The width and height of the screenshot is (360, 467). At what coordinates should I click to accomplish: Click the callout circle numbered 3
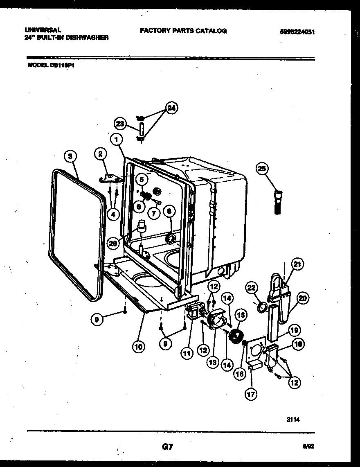coord(70,156)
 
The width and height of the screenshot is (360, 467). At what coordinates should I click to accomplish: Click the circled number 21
coord(297,264)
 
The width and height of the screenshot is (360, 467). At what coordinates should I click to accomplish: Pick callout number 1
coord(117,140)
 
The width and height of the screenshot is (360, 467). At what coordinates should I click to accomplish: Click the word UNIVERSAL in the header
coord(43,30)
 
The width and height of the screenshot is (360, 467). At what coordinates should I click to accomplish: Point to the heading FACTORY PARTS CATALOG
coord(183,31)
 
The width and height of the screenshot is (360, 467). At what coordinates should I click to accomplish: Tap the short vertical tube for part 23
coord(141,128)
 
